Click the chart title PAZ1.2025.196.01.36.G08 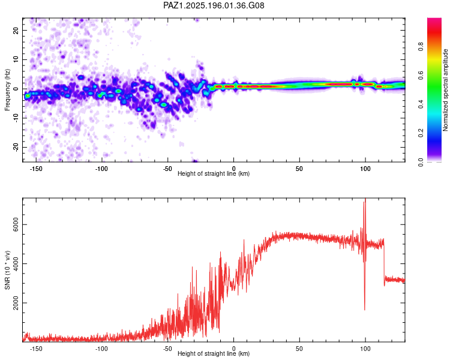tap(214, 5)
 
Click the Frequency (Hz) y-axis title tap(7, 89)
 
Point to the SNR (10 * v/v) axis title tap(7, 270)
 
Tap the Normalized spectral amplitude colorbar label tap(445, 90)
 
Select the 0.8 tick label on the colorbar tap(421, 47)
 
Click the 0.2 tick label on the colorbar tap(421, 133)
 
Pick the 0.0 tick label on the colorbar tap(421, 162)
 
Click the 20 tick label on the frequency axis tap(16, 30)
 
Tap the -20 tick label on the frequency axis tap(16, 148)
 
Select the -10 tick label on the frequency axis tap(16, 118)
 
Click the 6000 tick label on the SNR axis tap(16, 224)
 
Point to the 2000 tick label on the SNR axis tap(16, 302)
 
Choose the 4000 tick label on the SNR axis tap(16, 263)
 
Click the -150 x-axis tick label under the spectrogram tap(36, 169)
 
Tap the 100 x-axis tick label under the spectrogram tap(365, 169)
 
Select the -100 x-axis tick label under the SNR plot tap(101, 349)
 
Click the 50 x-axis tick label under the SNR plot tap(299, 349)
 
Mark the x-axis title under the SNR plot tap(214, 353)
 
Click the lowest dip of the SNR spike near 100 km tap(365, 310)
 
